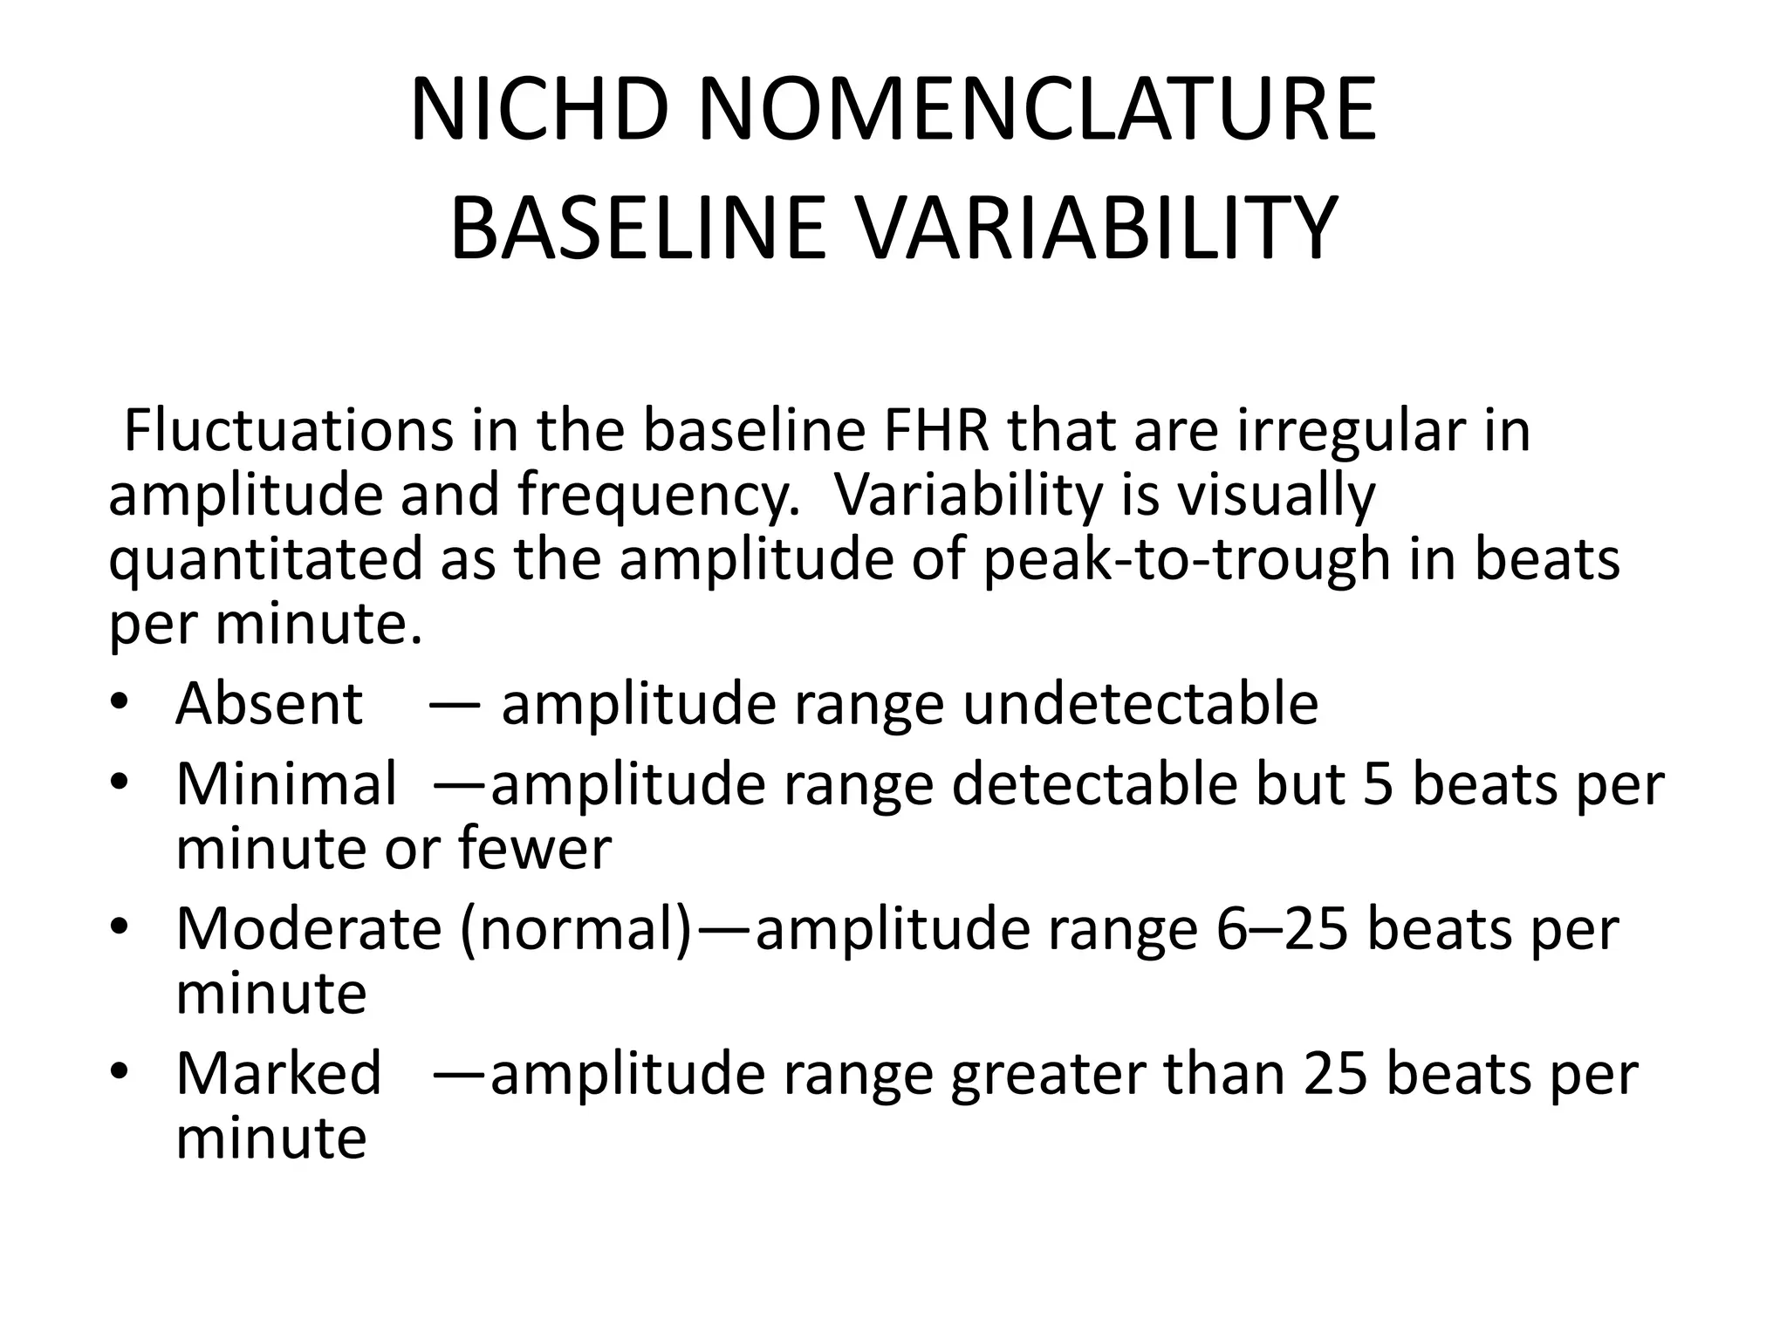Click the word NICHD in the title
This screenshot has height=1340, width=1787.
[x=539, y=111]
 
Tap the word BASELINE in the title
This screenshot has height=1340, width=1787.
[x=637, y=229]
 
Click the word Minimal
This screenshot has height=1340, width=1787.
[x=286, y=783]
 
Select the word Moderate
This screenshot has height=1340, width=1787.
[x=309, y=929]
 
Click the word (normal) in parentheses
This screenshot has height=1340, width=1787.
[x=576, y=931]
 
